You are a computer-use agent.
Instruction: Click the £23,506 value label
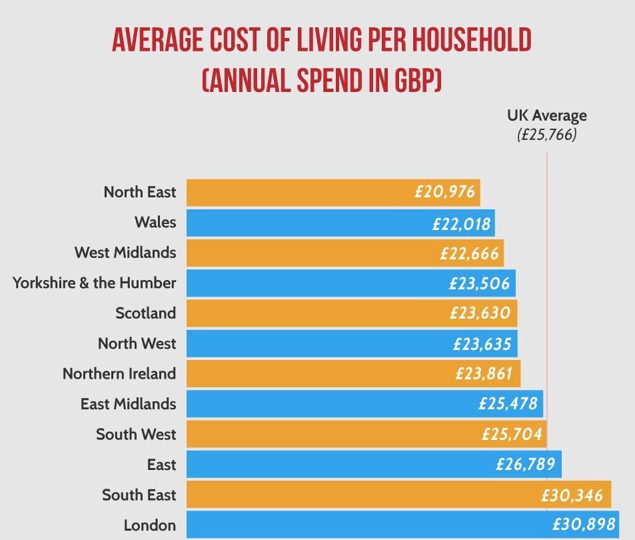pos(479,283)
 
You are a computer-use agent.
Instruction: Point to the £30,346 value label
pos(572,495)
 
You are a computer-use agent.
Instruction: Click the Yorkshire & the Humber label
pos(94,283)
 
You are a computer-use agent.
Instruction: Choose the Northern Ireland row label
pos(119,373)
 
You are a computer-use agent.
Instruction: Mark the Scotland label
pos(145,313)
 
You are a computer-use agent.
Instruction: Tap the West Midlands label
pos(125,253)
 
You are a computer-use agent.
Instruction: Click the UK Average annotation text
pos(547,115)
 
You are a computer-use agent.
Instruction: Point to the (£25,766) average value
pos(547,135)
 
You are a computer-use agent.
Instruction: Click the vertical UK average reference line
pos(548,167)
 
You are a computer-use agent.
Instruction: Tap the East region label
pos(161,464)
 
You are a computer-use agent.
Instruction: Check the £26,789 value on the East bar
pos(525,464)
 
